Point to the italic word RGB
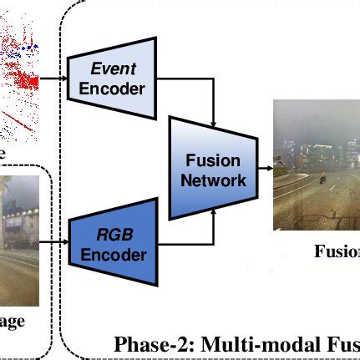point(115,233)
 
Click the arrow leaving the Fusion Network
point(266,168)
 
